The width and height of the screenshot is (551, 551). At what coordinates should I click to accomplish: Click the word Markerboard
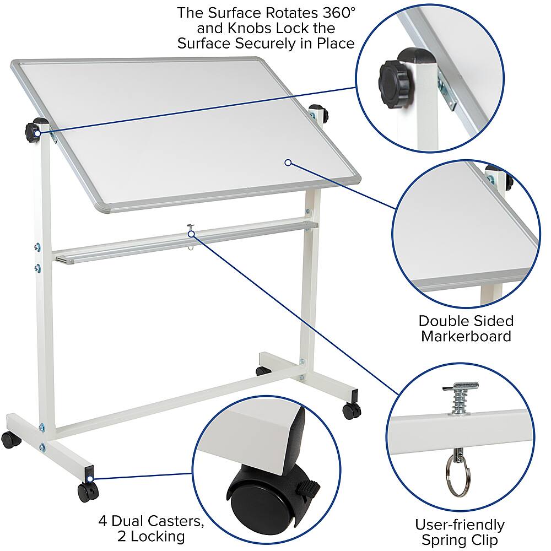point(466,336)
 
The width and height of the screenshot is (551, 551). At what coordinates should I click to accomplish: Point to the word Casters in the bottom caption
point(160,520)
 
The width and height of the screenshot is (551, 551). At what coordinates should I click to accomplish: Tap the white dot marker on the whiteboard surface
point(288,162)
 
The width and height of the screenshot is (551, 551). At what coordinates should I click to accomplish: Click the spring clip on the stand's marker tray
point(191,229)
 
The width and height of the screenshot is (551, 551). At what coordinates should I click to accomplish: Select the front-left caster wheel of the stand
point(10,439)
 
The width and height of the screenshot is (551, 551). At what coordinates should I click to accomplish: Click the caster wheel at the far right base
point(351,410)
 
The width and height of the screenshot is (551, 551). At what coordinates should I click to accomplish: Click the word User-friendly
point(460,525)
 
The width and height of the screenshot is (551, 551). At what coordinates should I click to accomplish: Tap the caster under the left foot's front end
point(87,490)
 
